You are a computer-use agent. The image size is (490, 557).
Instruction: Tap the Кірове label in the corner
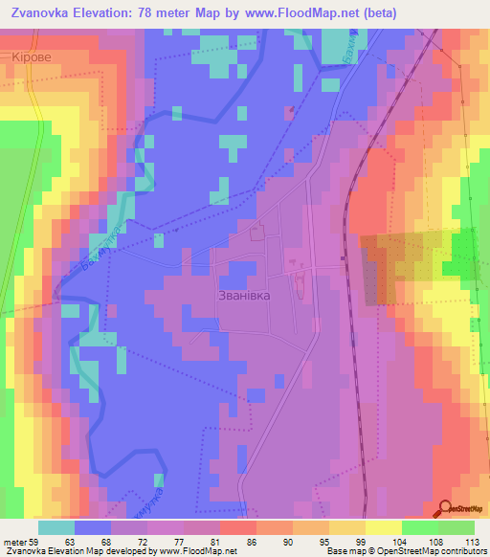pyautogui.click(x=35, y=57)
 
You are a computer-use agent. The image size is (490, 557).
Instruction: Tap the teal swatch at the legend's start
pyautogui.click(x=56, y=527)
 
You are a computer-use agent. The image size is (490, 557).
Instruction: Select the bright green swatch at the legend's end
pyautogui.click(x=457, y=527)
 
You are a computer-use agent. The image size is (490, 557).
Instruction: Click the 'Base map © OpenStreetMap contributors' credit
pyautogui.click(x=406, y=551)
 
